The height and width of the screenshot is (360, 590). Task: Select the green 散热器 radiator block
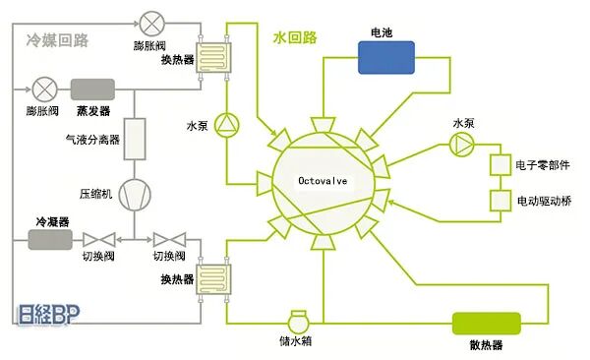pyautogui.click(x=487, y=325)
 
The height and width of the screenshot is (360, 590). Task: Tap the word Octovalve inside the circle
pyautogui.click(x=323, y=181)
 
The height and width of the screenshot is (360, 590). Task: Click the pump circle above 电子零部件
pyautogui.click(x=461, y=144)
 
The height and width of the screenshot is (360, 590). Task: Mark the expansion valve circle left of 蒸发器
pyautogui.click(x=44, y=90)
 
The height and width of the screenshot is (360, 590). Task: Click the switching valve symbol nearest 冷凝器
pyautogui.click(x=97, y=239)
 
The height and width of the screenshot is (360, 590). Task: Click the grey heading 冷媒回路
pyautogui.click(x=57, y=40)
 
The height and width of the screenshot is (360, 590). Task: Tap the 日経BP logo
pyautogui.click(x=45, y=318)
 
